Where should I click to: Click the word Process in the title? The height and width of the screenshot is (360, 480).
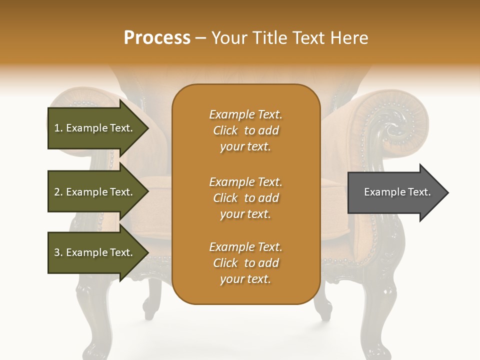[x=157, y=37]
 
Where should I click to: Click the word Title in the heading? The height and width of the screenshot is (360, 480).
[x=270, y=38]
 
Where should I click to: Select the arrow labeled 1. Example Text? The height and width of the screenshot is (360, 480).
[x=95, y=128]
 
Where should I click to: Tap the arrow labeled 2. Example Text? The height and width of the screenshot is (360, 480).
[x=95, y=192]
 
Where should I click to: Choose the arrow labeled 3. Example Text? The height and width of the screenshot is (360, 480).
[x=95, y=252]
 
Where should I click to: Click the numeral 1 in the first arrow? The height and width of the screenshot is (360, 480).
[x=57, y=128]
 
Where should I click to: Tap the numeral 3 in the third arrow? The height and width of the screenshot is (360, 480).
[x=57, y=252]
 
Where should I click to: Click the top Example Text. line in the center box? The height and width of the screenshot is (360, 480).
[x=245, y=114]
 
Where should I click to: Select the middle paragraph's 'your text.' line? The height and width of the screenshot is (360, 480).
[x=245, y=214]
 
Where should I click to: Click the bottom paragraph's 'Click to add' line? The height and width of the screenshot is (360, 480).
[x=245, y=263]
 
